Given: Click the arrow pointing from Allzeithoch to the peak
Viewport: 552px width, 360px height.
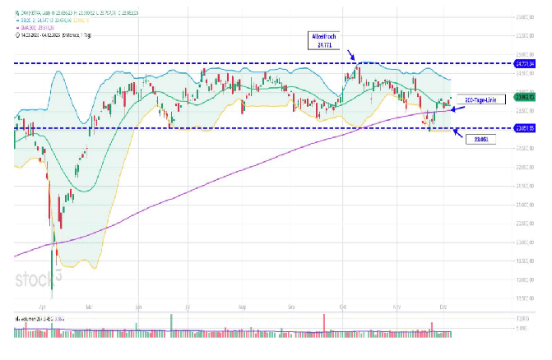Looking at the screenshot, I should (x=350, y=56).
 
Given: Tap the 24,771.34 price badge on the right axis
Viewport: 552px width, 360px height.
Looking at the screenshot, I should (x=525, y=63).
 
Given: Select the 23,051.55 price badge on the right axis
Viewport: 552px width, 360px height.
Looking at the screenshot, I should (x=525, y=128).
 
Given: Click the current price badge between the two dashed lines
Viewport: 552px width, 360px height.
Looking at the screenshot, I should (x=525, y=97).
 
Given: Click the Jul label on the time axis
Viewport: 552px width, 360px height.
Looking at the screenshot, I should (x=190, y=305).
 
